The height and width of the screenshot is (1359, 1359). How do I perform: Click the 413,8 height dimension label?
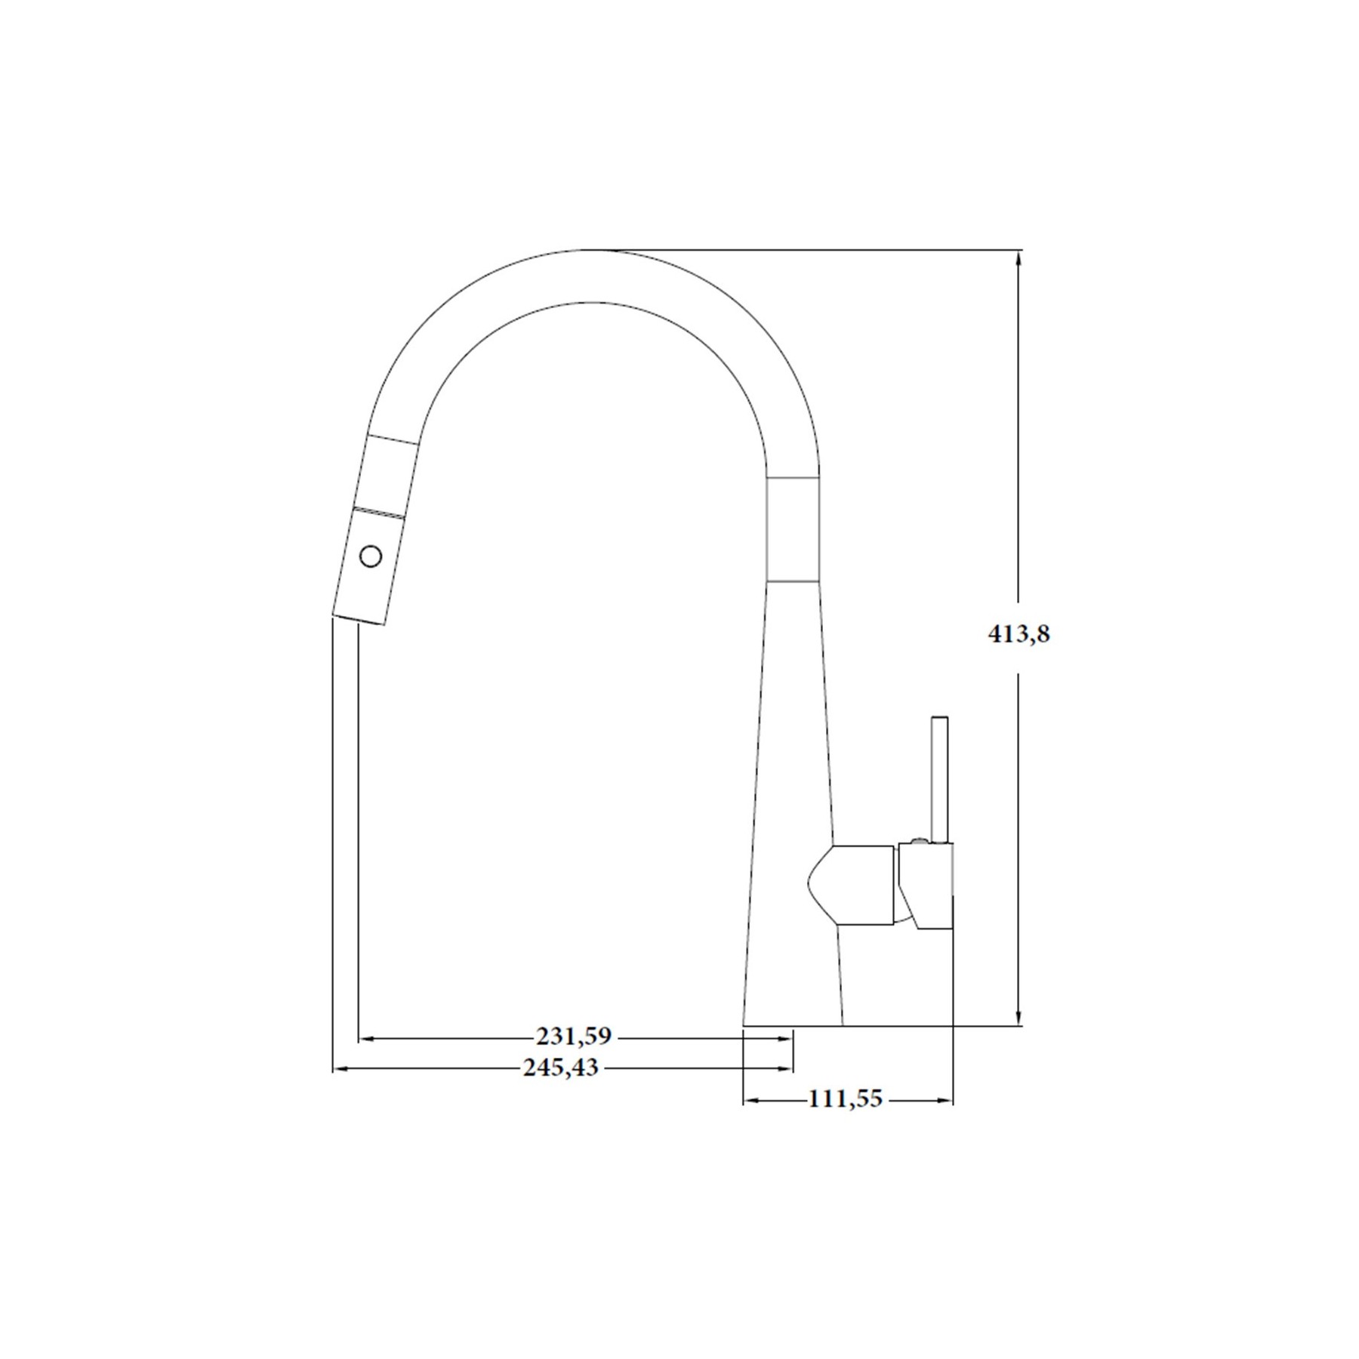[1018, 634]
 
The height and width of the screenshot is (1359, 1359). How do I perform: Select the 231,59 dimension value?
[573, 1037]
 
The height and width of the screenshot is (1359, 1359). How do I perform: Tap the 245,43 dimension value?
[560, 1068]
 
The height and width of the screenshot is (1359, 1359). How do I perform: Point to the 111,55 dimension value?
[845, 1099]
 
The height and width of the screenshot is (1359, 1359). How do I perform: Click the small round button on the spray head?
[371, 557]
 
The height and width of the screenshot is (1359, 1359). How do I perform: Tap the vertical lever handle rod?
[939, 778]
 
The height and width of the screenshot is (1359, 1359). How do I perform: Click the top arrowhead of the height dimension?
[1019, 258]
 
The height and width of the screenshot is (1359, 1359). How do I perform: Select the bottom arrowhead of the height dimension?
[1019, 1016]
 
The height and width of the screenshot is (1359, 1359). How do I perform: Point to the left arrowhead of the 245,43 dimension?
[342, 1068]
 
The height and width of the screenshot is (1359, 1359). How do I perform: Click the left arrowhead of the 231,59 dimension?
[366, 1039]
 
